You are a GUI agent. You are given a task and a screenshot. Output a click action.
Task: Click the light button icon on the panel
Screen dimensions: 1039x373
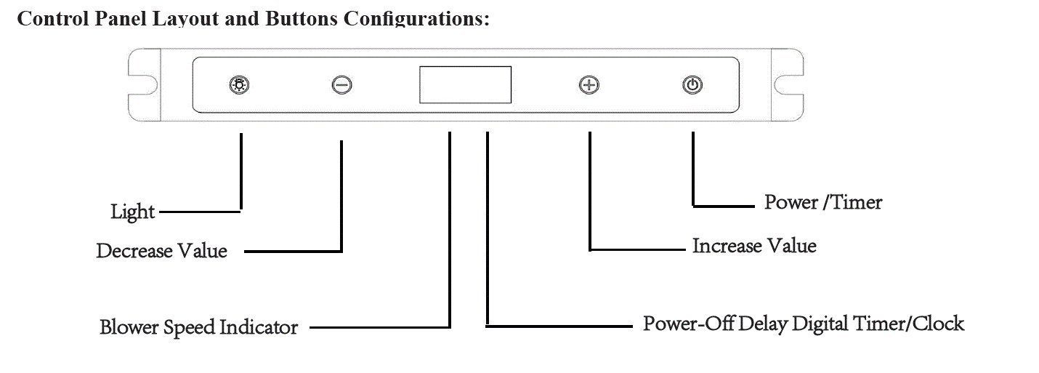point(239,85)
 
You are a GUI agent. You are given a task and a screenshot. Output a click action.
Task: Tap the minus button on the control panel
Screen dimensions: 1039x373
point(341,85)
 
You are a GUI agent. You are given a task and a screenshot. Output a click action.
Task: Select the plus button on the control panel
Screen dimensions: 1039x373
point(589,85)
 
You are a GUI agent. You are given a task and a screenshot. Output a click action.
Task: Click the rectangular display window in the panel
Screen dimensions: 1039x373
point(465,84)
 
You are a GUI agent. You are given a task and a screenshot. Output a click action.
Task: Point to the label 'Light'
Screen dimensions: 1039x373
point(133,212)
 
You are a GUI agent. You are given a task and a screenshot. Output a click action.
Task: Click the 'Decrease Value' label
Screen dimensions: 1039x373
point(162,251)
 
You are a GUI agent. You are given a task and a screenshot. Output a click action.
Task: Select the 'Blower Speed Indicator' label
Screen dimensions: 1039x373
point(198,327)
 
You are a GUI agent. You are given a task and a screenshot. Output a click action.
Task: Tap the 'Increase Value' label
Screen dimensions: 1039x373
point(754,246)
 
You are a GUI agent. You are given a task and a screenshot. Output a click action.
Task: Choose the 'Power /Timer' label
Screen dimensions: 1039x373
point(823,202)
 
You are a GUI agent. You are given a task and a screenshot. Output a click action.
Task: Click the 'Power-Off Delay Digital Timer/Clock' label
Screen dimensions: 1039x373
point(804,324)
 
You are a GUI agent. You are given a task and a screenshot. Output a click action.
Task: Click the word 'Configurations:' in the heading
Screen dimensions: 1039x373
point(416,19)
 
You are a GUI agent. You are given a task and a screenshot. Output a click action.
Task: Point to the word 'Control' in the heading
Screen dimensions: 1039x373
point(53,19)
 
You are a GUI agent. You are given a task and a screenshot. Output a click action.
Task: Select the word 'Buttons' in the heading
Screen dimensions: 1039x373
point(302,19)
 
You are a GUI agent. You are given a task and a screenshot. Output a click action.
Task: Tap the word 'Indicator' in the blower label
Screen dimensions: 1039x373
point(259,327)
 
